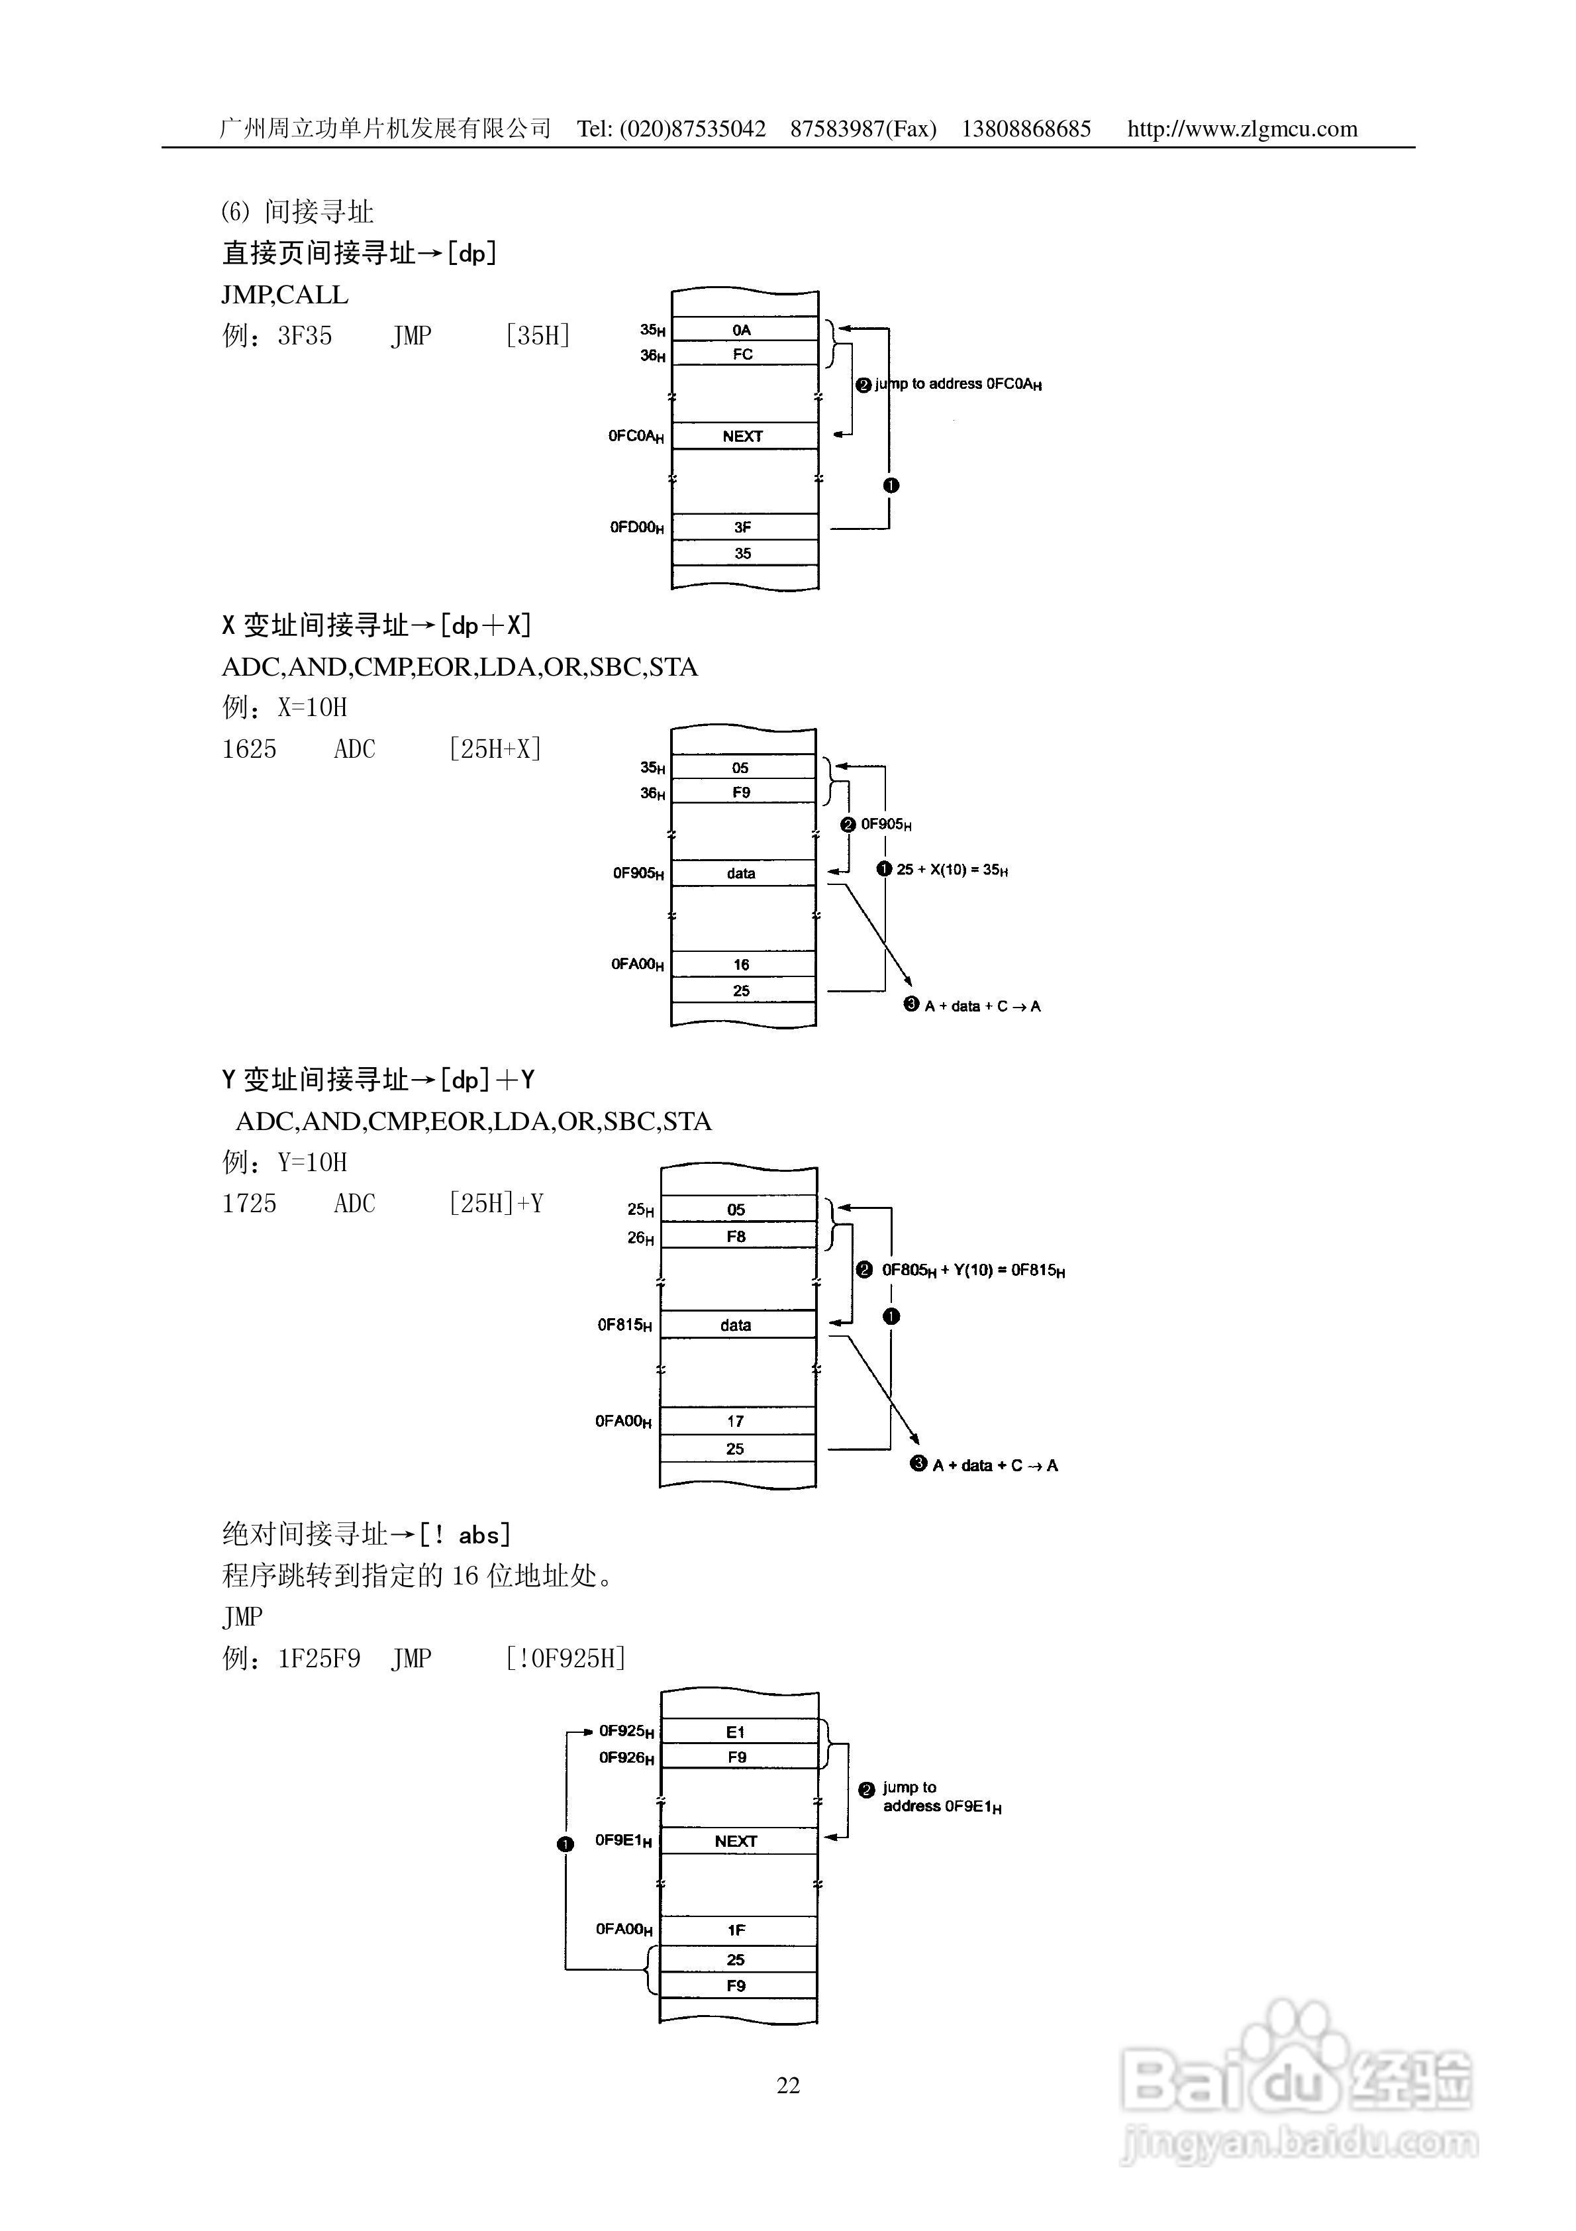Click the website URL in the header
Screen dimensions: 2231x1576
[x=1242, y=129]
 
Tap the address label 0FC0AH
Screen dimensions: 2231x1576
[x=636, y=437]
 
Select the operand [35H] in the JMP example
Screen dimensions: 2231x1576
[x=537, y=337]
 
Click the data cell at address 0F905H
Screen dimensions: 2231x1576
[x=742, y=872]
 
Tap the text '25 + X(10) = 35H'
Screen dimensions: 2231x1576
[x=952, y=870]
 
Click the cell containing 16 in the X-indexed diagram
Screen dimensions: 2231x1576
[x=742, y=964]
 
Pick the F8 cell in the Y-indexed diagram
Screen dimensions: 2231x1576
[x=736, y=1236]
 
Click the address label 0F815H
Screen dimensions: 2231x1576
[x=624, y=1324]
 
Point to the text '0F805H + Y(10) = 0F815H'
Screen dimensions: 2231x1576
[x=973, y=1270]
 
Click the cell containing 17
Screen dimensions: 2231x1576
[x=736, y=1421]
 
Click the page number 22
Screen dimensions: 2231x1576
[x=788, y=2085]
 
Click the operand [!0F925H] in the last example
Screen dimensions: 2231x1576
[x=566, y=1659]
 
